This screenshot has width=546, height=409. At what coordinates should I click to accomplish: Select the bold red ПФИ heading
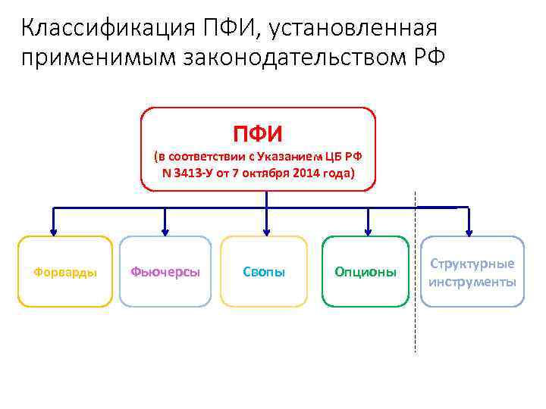coord(258,134)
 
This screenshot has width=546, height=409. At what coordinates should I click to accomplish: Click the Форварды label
coord(65,272)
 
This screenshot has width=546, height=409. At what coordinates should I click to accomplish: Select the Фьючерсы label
coord(165,272)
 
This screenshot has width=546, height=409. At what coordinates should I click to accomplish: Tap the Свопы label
coord(264,272)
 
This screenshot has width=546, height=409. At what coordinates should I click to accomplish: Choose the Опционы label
coord(366,272)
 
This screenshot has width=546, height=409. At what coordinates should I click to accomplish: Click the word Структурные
coord(472,264)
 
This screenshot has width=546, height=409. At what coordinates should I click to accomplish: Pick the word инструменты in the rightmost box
coord(472,282)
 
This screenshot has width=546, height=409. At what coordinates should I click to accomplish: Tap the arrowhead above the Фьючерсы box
coord(165,231)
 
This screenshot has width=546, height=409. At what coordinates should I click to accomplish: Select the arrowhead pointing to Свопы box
coord(266,231)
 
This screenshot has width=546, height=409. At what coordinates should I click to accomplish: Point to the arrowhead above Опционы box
coord(368,231)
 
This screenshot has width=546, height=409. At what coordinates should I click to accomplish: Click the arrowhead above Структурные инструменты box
coord(469,231)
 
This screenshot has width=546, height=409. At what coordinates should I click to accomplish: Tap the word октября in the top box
coord(268,172)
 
